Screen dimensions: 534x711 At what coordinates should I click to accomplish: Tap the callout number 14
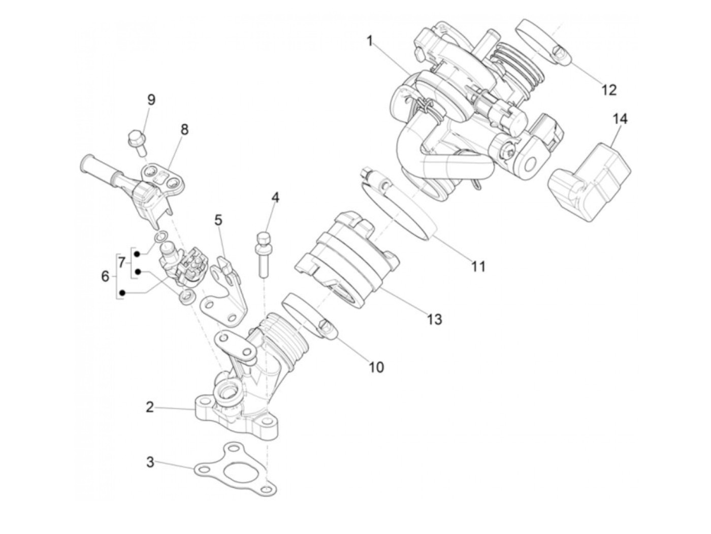[x=620, y=119]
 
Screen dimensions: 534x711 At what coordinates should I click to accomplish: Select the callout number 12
[x=608, y=90]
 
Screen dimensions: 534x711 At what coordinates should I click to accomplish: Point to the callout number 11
[x=478, y=266]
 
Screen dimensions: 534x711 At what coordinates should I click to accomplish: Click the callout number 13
[x=434, y=319]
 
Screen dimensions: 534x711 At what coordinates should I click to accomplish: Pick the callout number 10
[x=376, y=366]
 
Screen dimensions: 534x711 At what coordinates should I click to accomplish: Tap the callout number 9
[x=151, y=99]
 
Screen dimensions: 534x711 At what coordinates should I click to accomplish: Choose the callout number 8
[x=184, y=129]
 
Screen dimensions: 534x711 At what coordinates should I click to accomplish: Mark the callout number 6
[x=105, y=277]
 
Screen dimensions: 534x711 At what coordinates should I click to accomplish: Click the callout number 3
[x=150, y=462]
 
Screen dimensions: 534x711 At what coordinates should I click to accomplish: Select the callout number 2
[x=149, y=407]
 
